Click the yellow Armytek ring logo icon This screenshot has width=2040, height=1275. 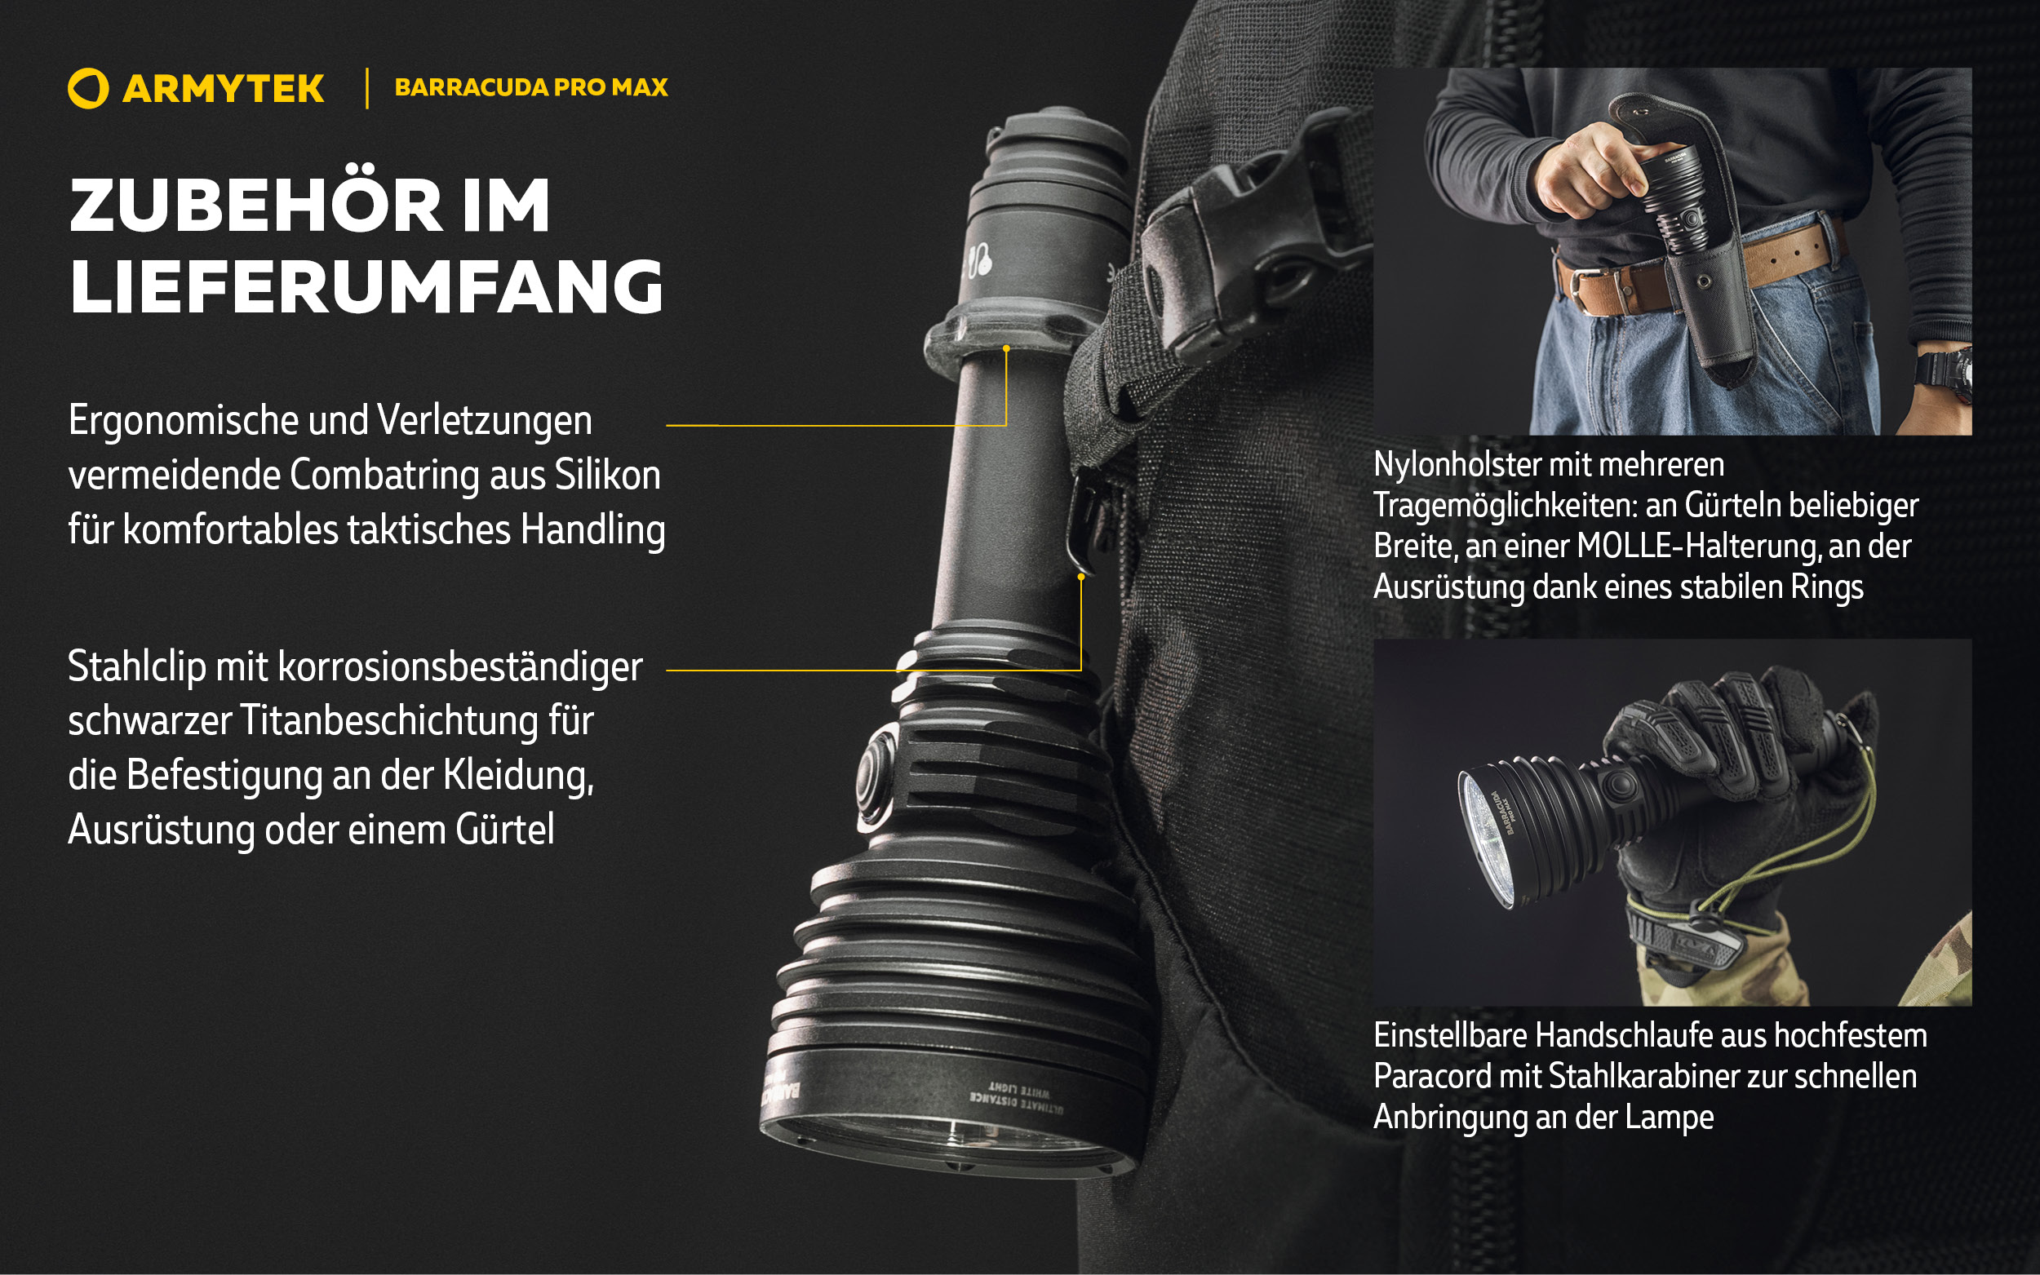(87, 89)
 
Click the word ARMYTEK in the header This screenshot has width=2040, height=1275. (224, 89)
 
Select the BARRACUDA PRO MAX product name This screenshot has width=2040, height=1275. (531, 86)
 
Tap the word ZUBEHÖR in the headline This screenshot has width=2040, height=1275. (256, 206)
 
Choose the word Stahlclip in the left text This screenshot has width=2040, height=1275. (136, 668)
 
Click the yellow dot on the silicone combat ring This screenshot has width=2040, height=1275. (1006, 348)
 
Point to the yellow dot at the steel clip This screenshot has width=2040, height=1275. (1081, 577)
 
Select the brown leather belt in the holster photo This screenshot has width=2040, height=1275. (1695, 270)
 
